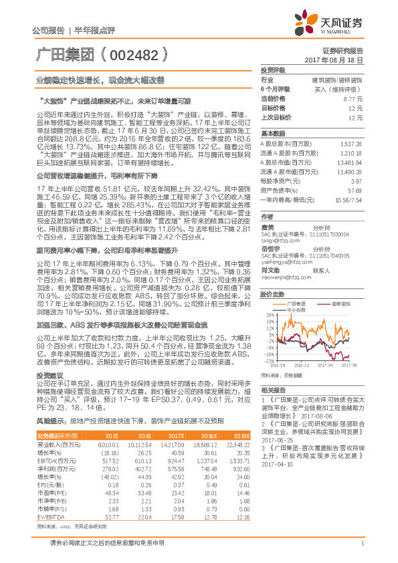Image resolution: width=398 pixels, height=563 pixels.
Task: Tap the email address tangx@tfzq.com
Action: click(x=276, y=241)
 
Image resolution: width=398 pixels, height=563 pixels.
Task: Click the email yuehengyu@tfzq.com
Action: click(x=282, y=263)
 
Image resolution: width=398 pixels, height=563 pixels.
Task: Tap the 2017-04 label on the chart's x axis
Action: click(x=324, y=366)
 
